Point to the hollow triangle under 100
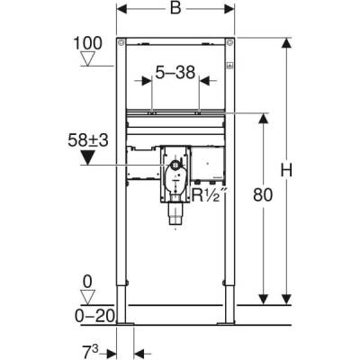tap(86, 59)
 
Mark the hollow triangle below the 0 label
tap(86, 297)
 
